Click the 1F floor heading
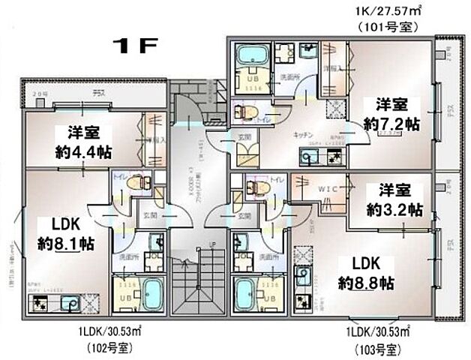click(135, 46)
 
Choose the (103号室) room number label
click(377, 349)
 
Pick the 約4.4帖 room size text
click(84, 151)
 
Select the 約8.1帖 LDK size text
click(65, 243)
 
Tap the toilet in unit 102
click(136, 181)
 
